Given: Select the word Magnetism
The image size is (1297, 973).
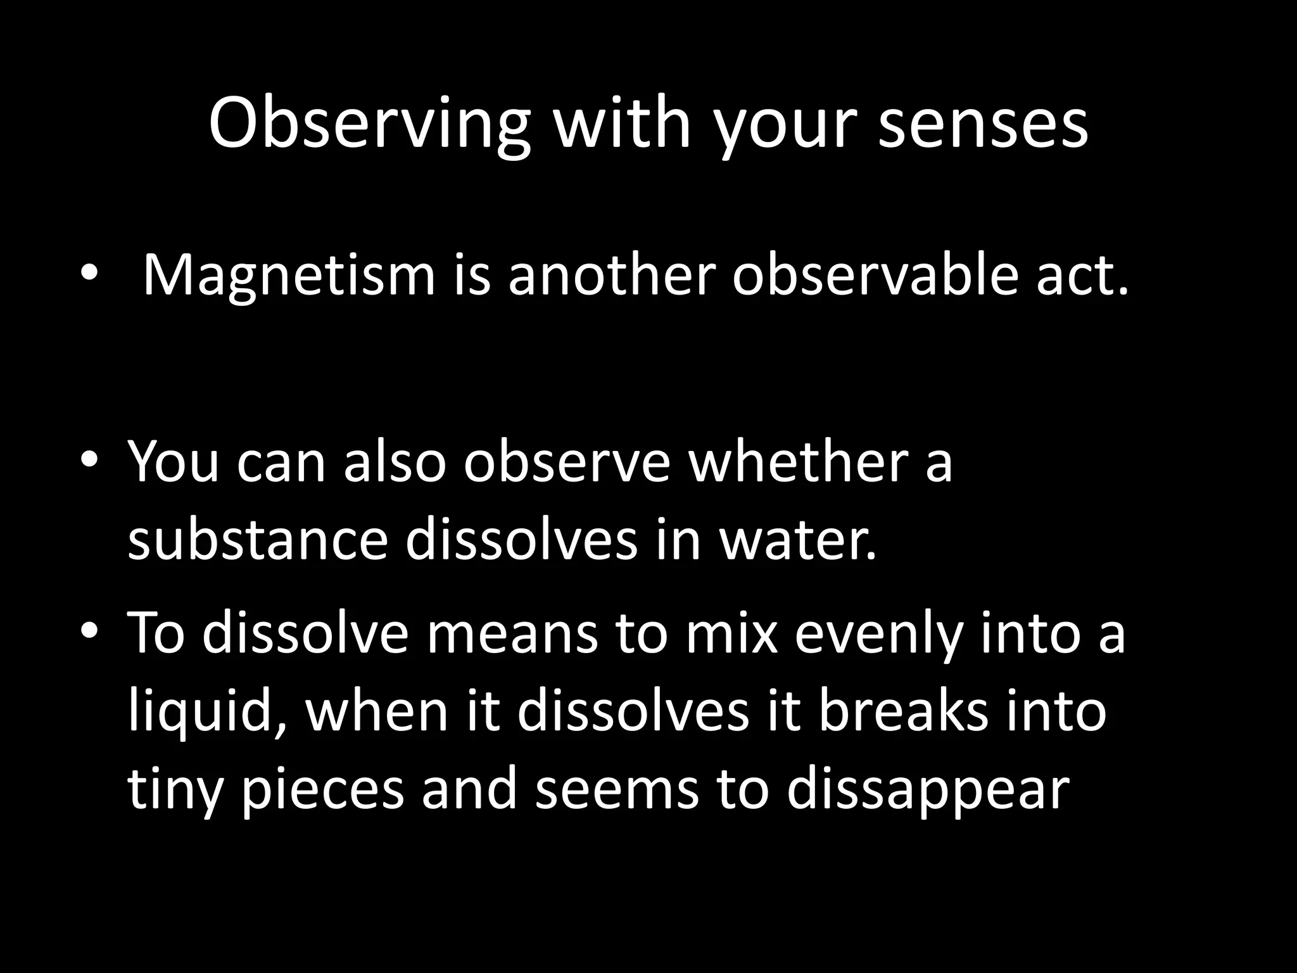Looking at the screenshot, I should (289, 276).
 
